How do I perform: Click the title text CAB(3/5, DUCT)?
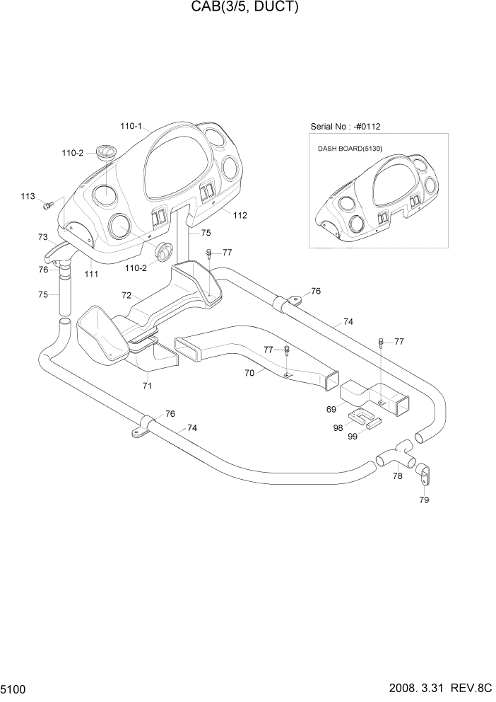coord(248,8)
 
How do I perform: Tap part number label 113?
coord(28,196)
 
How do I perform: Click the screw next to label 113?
coord(48,205)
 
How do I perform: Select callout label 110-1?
coord(131,127)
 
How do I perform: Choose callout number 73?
coord(42,237)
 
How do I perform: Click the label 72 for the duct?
coord(127,294)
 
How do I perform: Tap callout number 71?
coord(147,386)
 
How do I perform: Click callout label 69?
coord(331,409)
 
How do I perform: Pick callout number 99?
coord(353,437)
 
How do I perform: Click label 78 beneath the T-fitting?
coord(398,476)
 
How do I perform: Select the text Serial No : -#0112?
coord(346,127)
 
